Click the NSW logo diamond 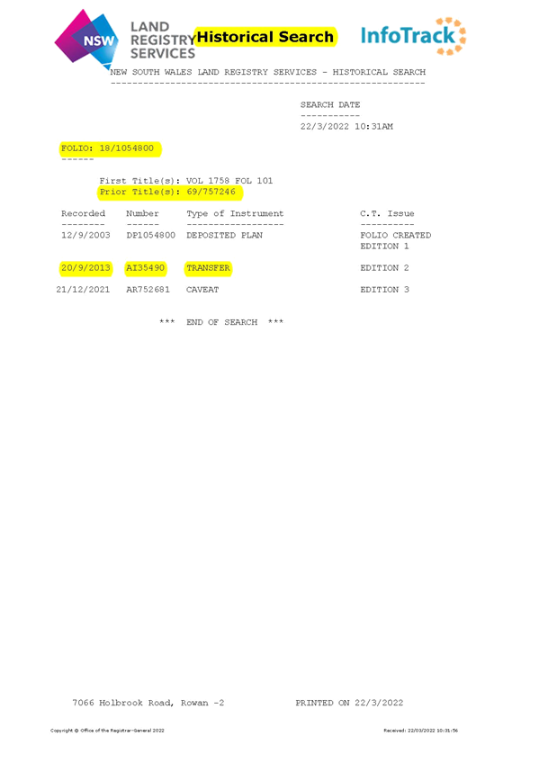(x=86, y=39)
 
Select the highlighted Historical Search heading (x=265, y=37)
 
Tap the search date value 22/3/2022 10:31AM (x=346, y=127)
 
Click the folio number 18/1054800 (x=127, y=148)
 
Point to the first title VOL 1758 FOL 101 (x=229, y=181)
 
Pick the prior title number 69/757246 (x=211, y=192)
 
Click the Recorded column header (x=83, y=213)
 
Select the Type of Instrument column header (x=235, y=213)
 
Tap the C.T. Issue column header (x=387, y=213)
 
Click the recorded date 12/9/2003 (x=85, y=235)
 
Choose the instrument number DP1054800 (x=151, y=235)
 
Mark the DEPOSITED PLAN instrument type (x=224, y=235)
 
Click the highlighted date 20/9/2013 (x=85, y=268)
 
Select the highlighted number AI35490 (x=146, y=268)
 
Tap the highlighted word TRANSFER (x=208, y=268)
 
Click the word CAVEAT (x=202, y=290)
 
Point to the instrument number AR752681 (x=148, y=290)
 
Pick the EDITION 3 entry (x=385, y=290)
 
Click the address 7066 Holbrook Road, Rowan (x=141, y=703)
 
